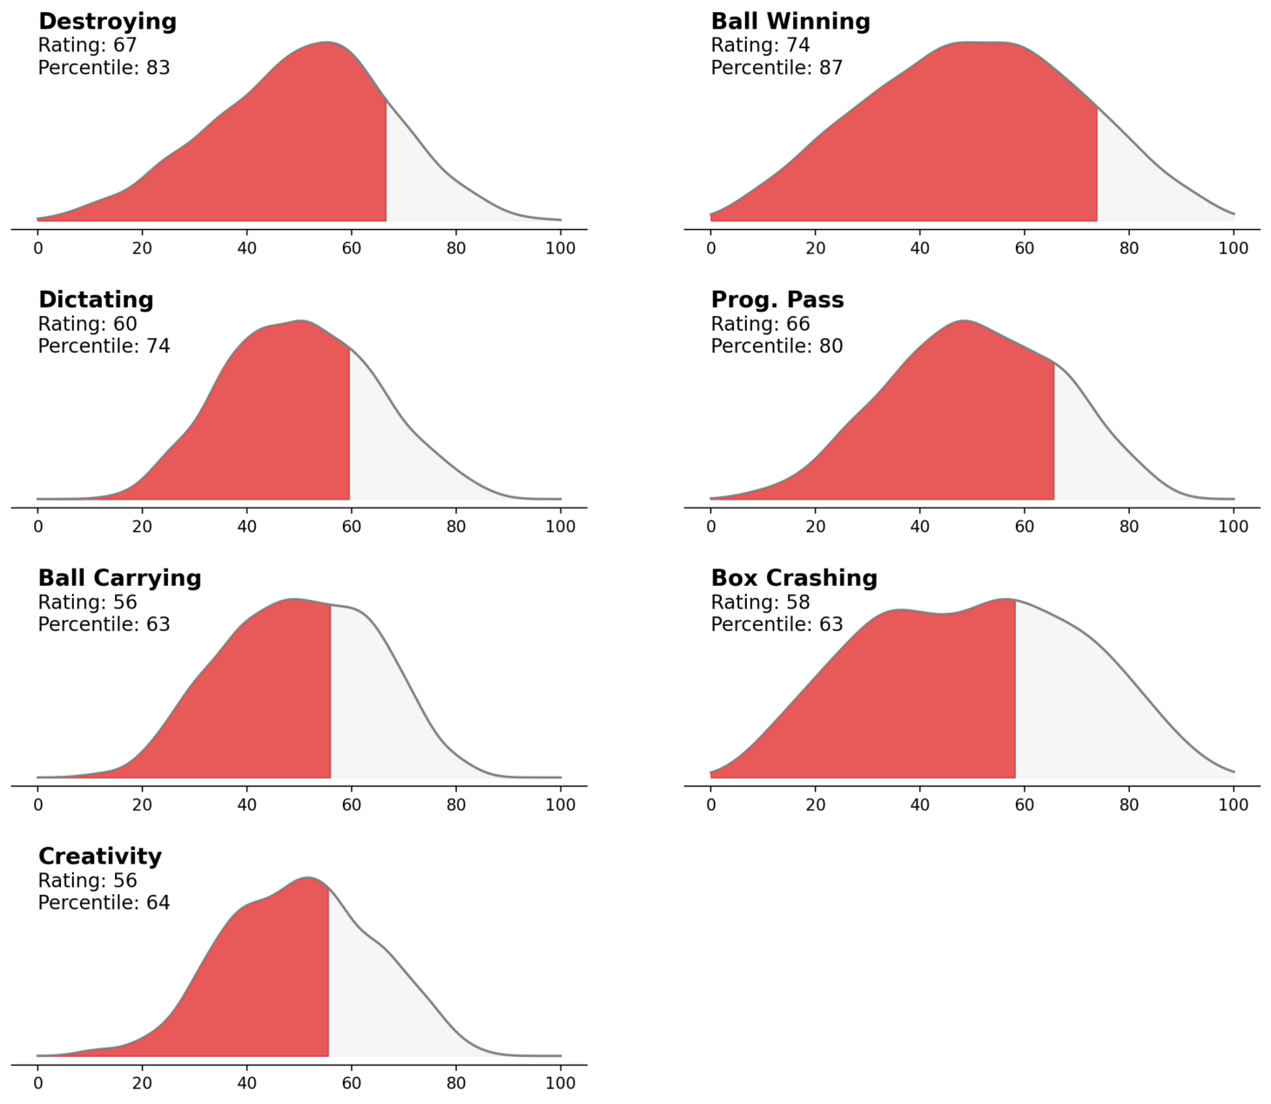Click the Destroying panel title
click(107, 22)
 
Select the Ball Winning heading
click(790, 22)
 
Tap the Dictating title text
click(96, 300)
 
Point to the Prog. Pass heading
click(777, 300)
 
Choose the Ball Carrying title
click(119, 578)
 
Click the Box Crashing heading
click(794, 578)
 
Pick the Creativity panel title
click(100, 857)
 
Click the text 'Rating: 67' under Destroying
click(87, 45)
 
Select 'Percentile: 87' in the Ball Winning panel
click(777, 68)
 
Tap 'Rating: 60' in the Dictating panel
click(87, 324)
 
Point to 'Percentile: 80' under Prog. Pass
click(777, 347)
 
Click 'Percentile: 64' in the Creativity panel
click(104, 903)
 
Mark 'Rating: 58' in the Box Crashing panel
click(760, 602)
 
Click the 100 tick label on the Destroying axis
click(561, 248)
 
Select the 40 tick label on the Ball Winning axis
click(920, 248)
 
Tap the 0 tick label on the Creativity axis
click(37, 1084)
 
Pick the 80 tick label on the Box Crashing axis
click(1129, 805)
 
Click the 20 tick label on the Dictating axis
click(142, 527)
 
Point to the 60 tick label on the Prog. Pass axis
click(1025, 527)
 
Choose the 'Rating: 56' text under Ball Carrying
click(87, 602)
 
